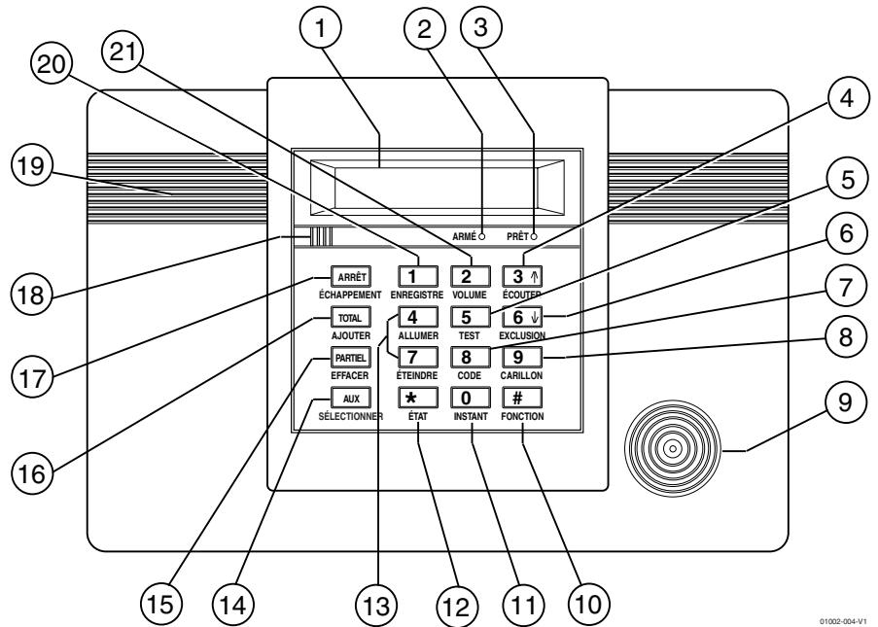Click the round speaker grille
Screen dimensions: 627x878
(671, 450)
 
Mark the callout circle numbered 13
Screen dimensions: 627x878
(376, 605)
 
